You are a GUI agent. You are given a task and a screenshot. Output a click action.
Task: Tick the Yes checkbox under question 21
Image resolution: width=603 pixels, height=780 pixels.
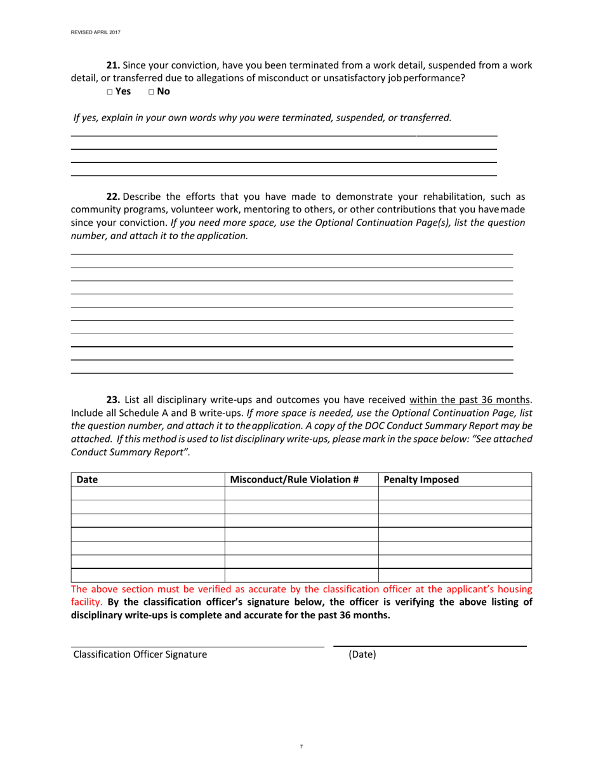[109, 91]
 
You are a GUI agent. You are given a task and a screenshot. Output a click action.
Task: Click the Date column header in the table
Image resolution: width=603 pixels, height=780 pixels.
[87, 479]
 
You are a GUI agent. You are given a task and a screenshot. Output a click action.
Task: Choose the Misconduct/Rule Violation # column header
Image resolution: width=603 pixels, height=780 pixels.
[295, 479]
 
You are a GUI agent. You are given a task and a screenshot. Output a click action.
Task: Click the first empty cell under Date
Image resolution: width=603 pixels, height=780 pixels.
[147, 493]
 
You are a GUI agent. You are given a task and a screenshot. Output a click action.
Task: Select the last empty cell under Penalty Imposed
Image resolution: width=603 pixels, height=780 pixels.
[454, 575]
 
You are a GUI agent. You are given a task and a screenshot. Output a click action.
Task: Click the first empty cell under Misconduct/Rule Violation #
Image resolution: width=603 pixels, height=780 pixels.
[301, 493]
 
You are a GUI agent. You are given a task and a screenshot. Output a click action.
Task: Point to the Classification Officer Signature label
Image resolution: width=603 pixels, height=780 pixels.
[140, 654]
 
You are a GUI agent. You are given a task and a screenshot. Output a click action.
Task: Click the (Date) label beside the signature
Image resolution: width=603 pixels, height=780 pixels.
[362, 654]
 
